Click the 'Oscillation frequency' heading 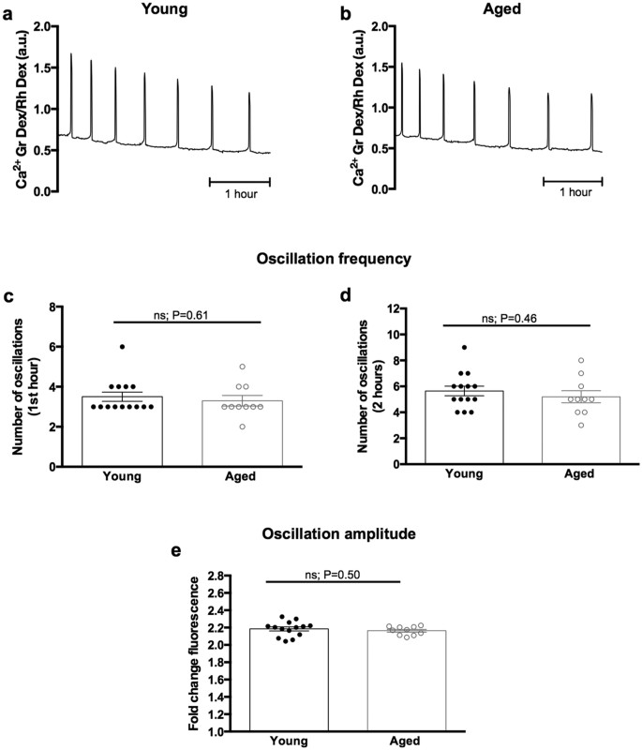(321, 261)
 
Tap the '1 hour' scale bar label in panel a (239, 194)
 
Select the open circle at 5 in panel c (241, 367)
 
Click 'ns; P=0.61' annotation (181, 315)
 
